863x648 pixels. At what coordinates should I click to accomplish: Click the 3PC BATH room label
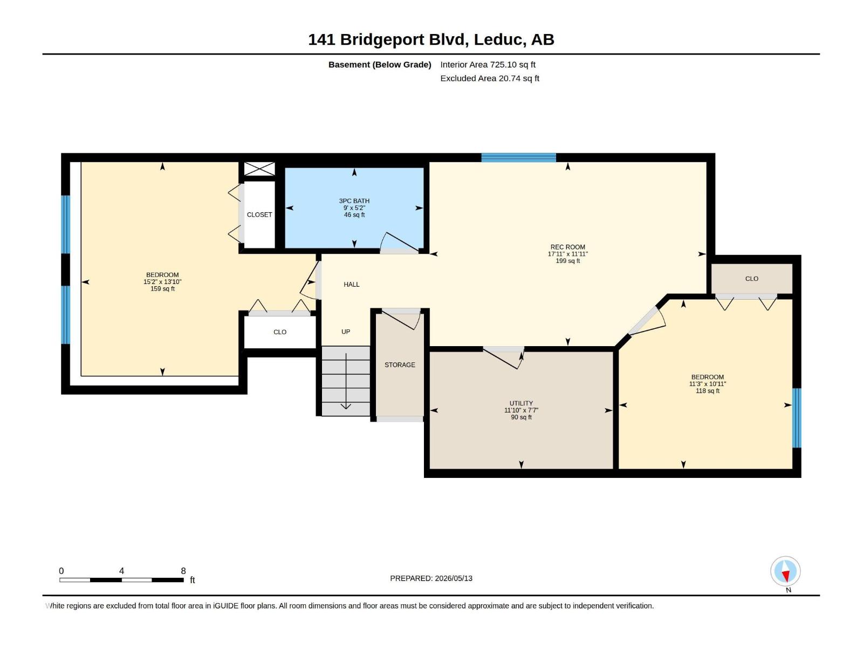[x=354, y=201]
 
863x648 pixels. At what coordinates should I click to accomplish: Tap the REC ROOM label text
[x=568, y=247]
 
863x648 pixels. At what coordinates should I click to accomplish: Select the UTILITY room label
[x=522, y=403]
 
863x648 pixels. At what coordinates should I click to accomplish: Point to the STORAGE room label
[x=400, y=364]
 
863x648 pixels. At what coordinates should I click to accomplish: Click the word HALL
[x=352, y=285]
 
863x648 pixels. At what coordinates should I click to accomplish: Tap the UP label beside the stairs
[x=346, y=332]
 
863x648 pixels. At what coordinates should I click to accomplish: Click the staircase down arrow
[x=346, y=381]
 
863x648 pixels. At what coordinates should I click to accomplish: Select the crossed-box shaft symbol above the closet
[x=259, y=169]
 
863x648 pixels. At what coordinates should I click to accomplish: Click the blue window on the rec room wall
[x=518, y=157]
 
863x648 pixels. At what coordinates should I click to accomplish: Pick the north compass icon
[x=785, y=571]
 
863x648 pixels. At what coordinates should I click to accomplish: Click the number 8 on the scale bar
[x=183, y=571]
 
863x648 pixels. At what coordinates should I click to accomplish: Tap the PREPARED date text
[x=432, y=578]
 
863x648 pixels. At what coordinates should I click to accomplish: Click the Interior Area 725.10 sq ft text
[x=488, y=64]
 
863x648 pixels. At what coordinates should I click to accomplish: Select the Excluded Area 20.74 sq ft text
[x=490, y=78]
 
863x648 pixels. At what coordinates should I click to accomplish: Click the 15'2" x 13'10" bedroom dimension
[x=162, y=282]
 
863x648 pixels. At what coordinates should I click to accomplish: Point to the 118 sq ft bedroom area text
[x=708, y=390]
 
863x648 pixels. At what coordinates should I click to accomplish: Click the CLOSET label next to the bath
[x=259, y=215]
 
